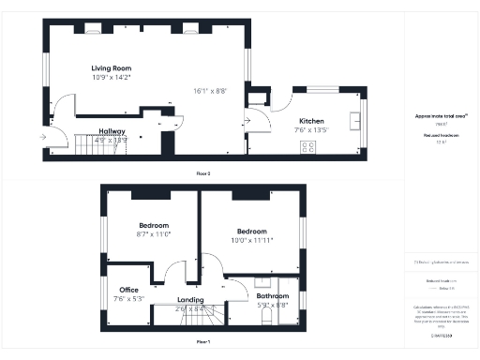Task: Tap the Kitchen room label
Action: (x=312, y=122)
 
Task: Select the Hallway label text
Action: (x=112, y=131)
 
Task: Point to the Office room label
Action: (x=127, y=291)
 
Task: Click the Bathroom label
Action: (x=273, y=296)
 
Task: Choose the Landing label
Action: (x=190, y=300)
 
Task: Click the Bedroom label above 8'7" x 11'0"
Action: (x=154, y=226)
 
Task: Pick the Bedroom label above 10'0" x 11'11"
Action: (x=251, y=232)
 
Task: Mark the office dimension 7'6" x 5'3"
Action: (x=127, y=299)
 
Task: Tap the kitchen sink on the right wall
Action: (x=355, y=120)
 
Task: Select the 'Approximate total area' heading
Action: (x=441, y=116)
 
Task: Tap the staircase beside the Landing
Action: (x=183, y=317)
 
